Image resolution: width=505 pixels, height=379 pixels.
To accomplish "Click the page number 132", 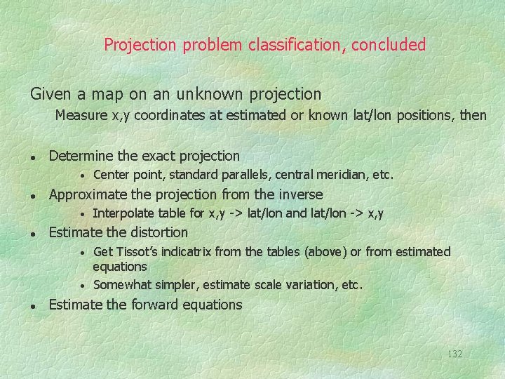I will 454,354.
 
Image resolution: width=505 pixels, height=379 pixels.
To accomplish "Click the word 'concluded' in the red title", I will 389,45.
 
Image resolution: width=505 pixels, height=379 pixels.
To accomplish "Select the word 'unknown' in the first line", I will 209,93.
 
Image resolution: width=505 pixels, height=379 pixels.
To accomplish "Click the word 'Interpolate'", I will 124,213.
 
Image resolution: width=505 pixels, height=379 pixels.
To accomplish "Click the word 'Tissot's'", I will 135,251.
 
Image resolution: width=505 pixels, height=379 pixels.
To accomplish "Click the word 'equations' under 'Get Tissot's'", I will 120,267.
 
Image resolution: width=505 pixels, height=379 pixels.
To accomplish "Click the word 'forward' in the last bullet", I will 154,305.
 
